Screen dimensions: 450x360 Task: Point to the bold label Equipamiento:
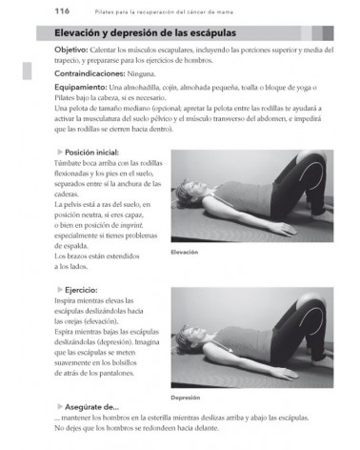pyautogui.click(x=59, y=96)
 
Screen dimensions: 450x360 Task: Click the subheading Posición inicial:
pyautogui.click(x=88, y=152)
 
